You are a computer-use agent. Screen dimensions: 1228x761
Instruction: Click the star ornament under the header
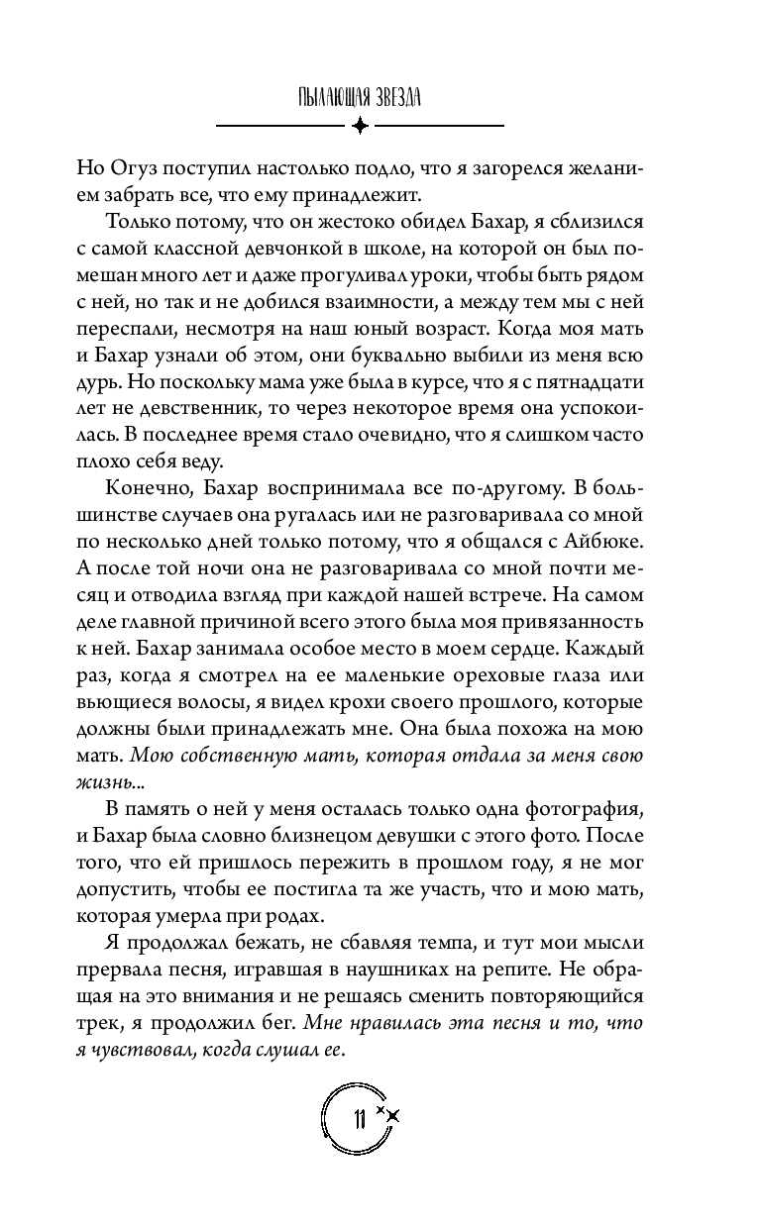coord(360,126)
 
